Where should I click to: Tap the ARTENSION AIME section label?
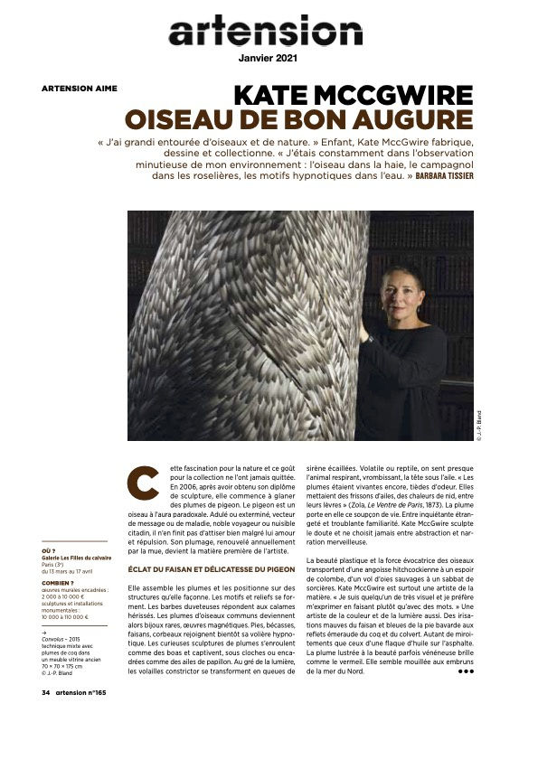tap(79, 89)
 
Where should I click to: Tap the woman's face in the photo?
tap(401, 293)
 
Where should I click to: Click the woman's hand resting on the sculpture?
tap(363, 333)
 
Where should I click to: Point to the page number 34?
tap(45, 694)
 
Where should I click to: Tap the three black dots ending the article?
tap(466, 672)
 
